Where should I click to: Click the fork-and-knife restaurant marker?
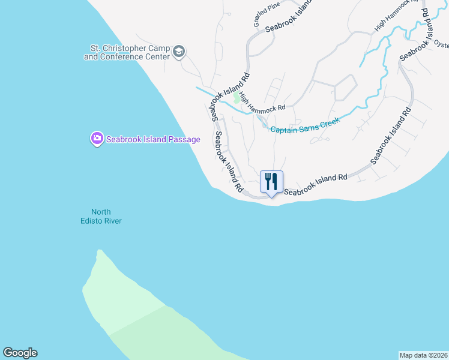[x=271, y=182]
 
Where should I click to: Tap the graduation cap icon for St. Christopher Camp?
[x=178, y=53]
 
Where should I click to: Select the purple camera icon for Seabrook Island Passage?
[x=97, y=139]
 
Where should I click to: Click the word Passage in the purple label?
[x=183, y=139]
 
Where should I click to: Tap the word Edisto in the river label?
[x=94, y=221]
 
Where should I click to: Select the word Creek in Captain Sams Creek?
[x=329, y=121]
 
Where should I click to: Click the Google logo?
[x=20, y=353]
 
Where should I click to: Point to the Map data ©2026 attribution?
[x=423, y=355]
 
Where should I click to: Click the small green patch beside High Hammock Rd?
[x=236, y=98]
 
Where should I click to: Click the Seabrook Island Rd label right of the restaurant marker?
[x=316, y=185]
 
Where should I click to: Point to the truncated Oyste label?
[x=441, y=44]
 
